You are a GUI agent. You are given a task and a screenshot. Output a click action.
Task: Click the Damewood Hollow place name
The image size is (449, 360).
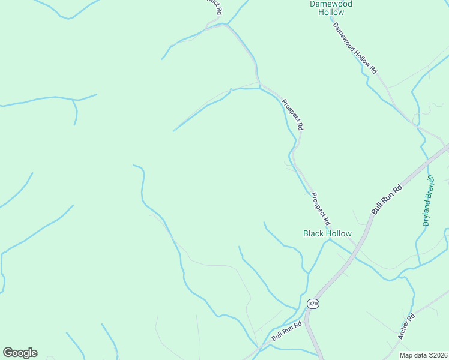(331, 8)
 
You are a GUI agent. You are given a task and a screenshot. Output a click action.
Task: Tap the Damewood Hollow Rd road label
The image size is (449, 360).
(354, 47)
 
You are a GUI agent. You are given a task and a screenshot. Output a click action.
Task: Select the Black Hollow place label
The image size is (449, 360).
(327, 233)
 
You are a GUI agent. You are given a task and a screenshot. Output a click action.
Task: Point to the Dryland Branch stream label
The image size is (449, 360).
(427, 200)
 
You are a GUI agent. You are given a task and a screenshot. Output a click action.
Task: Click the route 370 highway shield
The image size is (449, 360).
(312, 304)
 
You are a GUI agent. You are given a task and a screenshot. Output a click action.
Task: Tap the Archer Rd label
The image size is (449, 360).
(406, 327)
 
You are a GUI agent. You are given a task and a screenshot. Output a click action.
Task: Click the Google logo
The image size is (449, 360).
(20, 353)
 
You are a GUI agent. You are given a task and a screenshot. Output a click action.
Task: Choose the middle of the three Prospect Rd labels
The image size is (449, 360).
(293, 115)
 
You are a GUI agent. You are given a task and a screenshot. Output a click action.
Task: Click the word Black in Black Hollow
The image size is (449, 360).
(313, 233)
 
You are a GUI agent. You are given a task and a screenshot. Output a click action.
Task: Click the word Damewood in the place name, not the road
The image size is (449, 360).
(331, 4)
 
